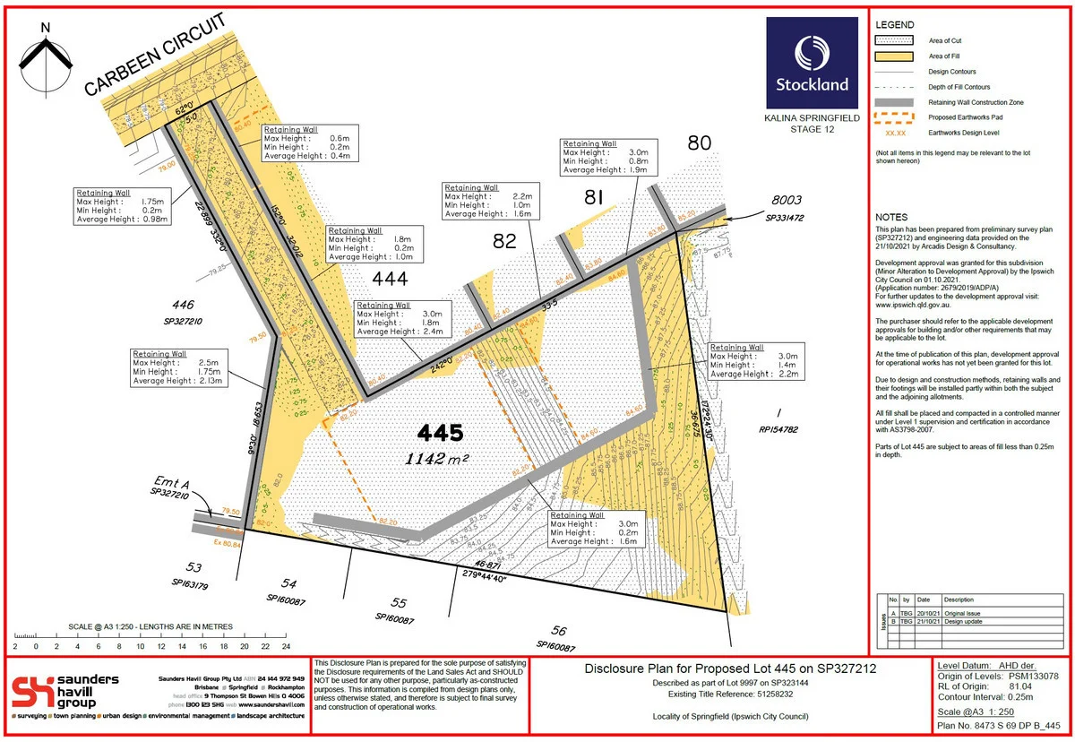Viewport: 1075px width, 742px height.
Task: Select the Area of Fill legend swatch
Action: [893, 56]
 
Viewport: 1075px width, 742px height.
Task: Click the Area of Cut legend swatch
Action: [893, 39]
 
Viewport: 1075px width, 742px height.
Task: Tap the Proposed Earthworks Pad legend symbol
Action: [893, 117]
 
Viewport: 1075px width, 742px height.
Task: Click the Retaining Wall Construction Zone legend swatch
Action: [893, 102]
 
